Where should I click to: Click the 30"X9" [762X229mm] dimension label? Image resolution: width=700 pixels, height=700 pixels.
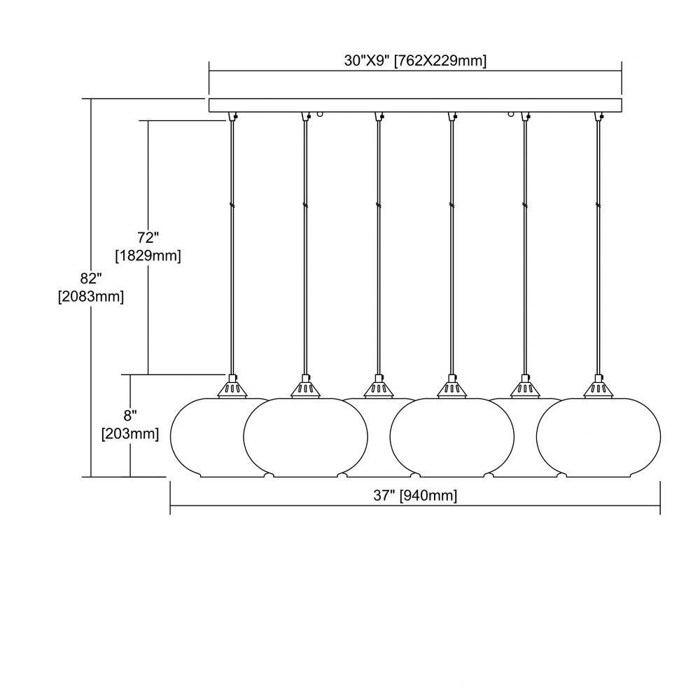[415, 61]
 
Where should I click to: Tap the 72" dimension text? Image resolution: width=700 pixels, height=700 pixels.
[148, 237]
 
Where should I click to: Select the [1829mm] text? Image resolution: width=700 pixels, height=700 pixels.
[148, 256]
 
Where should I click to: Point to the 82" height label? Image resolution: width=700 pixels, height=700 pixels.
[91, 278]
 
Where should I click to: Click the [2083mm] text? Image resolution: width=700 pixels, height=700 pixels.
[91, 297]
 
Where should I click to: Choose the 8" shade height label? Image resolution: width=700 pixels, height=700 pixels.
[130, 416]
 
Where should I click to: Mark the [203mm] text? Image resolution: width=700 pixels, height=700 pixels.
[130, 434]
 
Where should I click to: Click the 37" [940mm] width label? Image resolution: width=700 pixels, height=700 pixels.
[415, 496]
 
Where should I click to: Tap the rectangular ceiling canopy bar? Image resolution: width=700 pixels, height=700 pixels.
[415, 105]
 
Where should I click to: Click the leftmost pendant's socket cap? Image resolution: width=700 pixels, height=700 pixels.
[232, 386]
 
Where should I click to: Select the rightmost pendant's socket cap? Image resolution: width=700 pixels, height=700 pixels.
[598, 386]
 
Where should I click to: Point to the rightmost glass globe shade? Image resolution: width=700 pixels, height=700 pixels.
[598, 437]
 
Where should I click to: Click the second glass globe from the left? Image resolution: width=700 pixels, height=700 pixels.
[305, 437]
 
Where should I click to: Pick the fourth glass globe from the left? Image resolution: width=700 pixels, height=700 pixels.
[451, 437]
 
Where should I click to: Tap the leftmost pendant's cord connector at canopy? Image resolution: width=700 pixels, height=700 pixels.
[232, 116]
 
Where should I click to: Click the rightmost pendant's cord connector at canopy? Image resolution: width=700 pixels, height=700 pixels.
[598, 116]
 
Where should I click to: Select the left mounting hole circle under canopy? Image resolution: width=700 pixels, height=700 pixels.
[320, 114]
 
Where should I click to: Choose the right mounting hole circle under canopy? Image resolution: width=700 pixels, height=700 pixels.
[511, 114]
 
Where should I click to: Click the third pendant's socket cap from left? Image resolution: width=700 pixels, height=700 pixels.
[379, 386]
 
